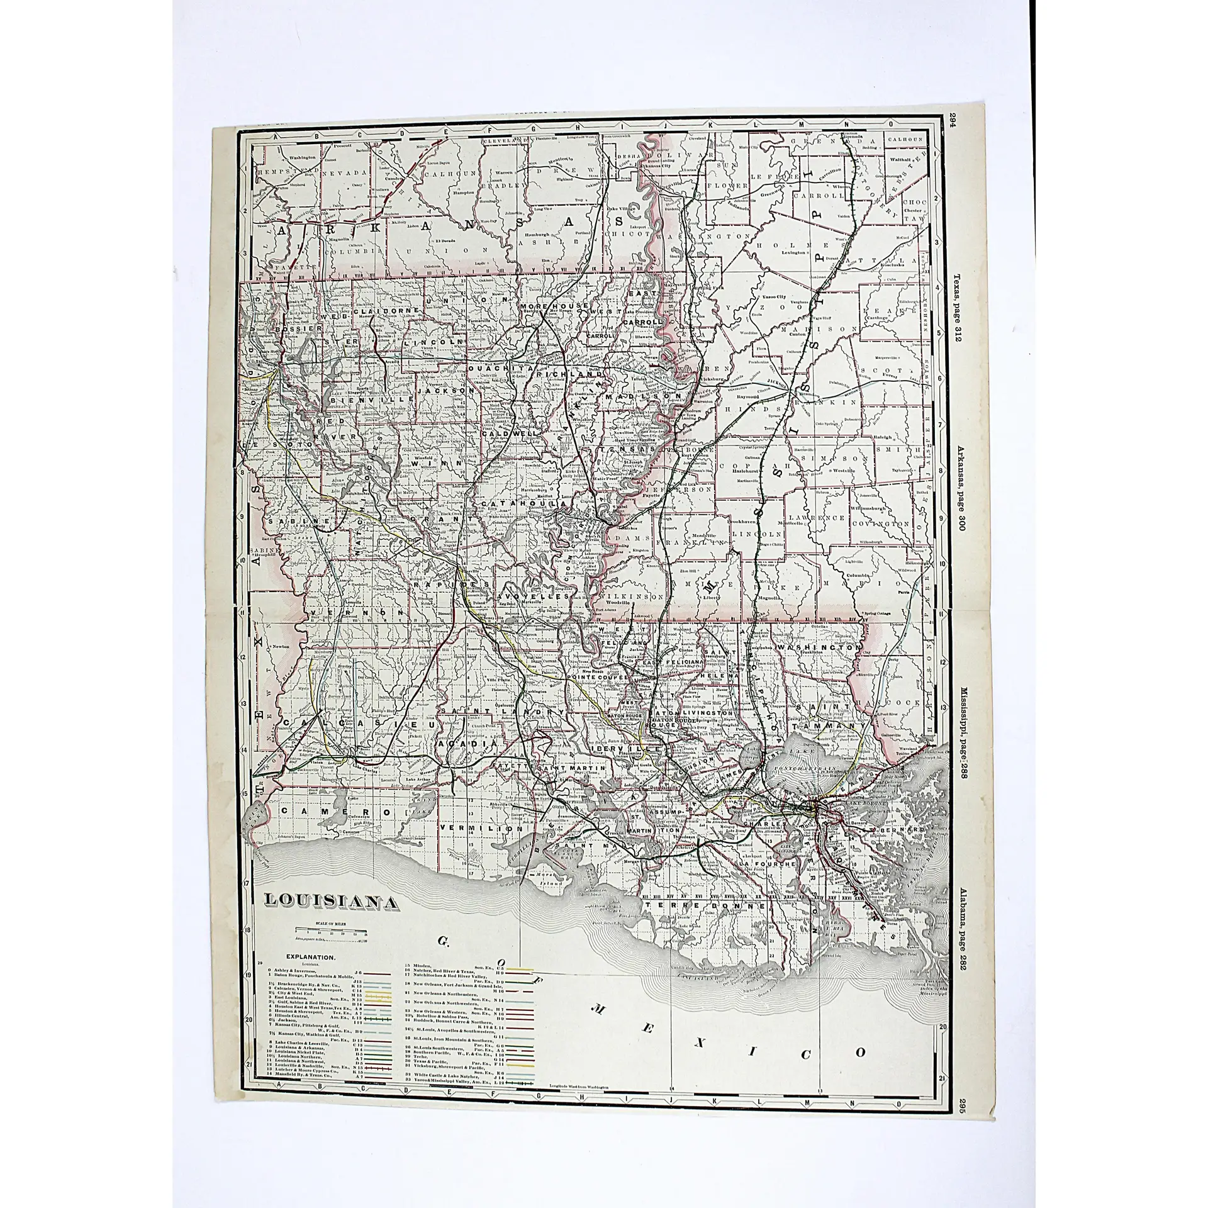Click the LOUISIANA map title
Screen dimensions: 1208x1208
coord(330,902)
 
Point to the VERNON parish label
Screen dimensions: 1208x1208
coord(347,611)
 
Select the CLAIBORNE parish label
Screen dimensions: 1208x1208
coord(377,311)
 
